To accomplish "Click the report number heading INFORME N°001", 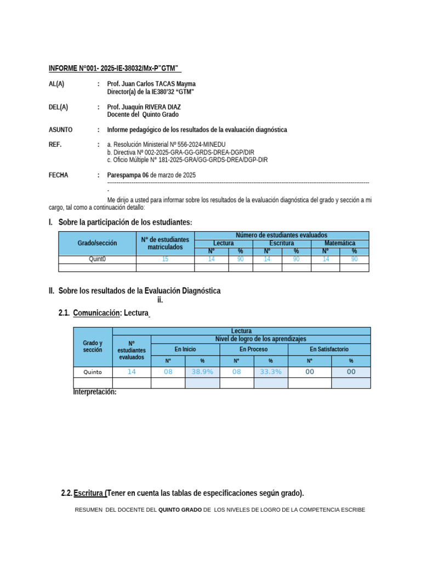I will coord(115,68).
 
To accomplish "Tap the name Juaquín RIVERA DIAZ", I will coord(151,107).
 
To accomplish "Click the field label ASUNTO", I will coord(60,130).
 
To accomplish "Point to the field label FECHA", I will coord(59,175).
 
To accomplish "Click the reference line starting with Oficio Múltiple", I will coord(187,160).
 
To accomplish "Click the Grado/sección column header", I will coord(97,243).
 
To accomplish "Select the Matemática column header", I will coord(339,243).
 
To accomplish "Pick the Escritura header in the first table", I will coord(281,243).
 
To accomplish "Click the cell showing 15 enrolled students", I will coord(165,260).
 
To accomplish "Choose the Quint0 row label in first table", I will coord(97,260).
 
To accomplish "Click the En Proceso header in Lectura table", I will coord(253,349).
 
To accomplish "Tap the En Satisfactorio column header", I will coord(329,349).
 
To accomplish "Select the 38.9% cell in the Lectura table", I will coord(202,371).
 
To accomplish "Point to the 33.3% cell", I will coord(270,371).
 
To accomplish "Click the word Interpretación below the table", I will coord(95,392).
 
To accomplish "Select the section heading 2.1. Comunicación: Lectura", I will coord(104,313).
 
